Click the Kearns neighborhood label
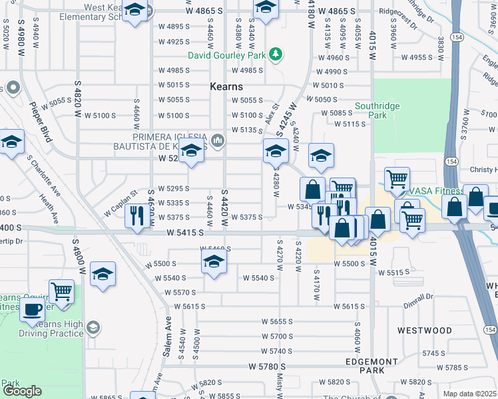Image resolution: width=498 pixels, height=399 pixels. tap(226, 86)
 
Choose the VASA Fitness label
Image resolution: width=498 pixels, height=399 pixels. tap(435, 190)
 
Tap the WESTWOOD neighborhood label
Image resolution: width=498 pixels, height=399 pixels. tap(424, 330)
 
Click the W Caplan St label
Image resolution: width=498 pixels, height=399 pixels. tap(121, 203)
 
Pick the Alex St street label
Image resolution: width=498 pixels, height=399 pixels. tap(271, 112)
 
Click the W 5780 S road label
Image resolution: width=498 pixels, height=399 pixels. tap(271, 366)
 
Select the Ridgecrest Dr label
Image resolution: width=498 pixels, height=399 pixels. tap(397, 11)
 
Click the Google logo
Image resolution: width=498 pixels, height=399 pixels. tap(22, 391)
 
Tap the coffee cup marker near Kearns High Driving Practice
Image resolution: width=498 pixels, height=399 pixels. tap(32, 309)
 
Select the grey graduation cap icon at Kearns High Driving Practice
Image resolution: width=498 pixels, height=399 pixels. tap(93, 327)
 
